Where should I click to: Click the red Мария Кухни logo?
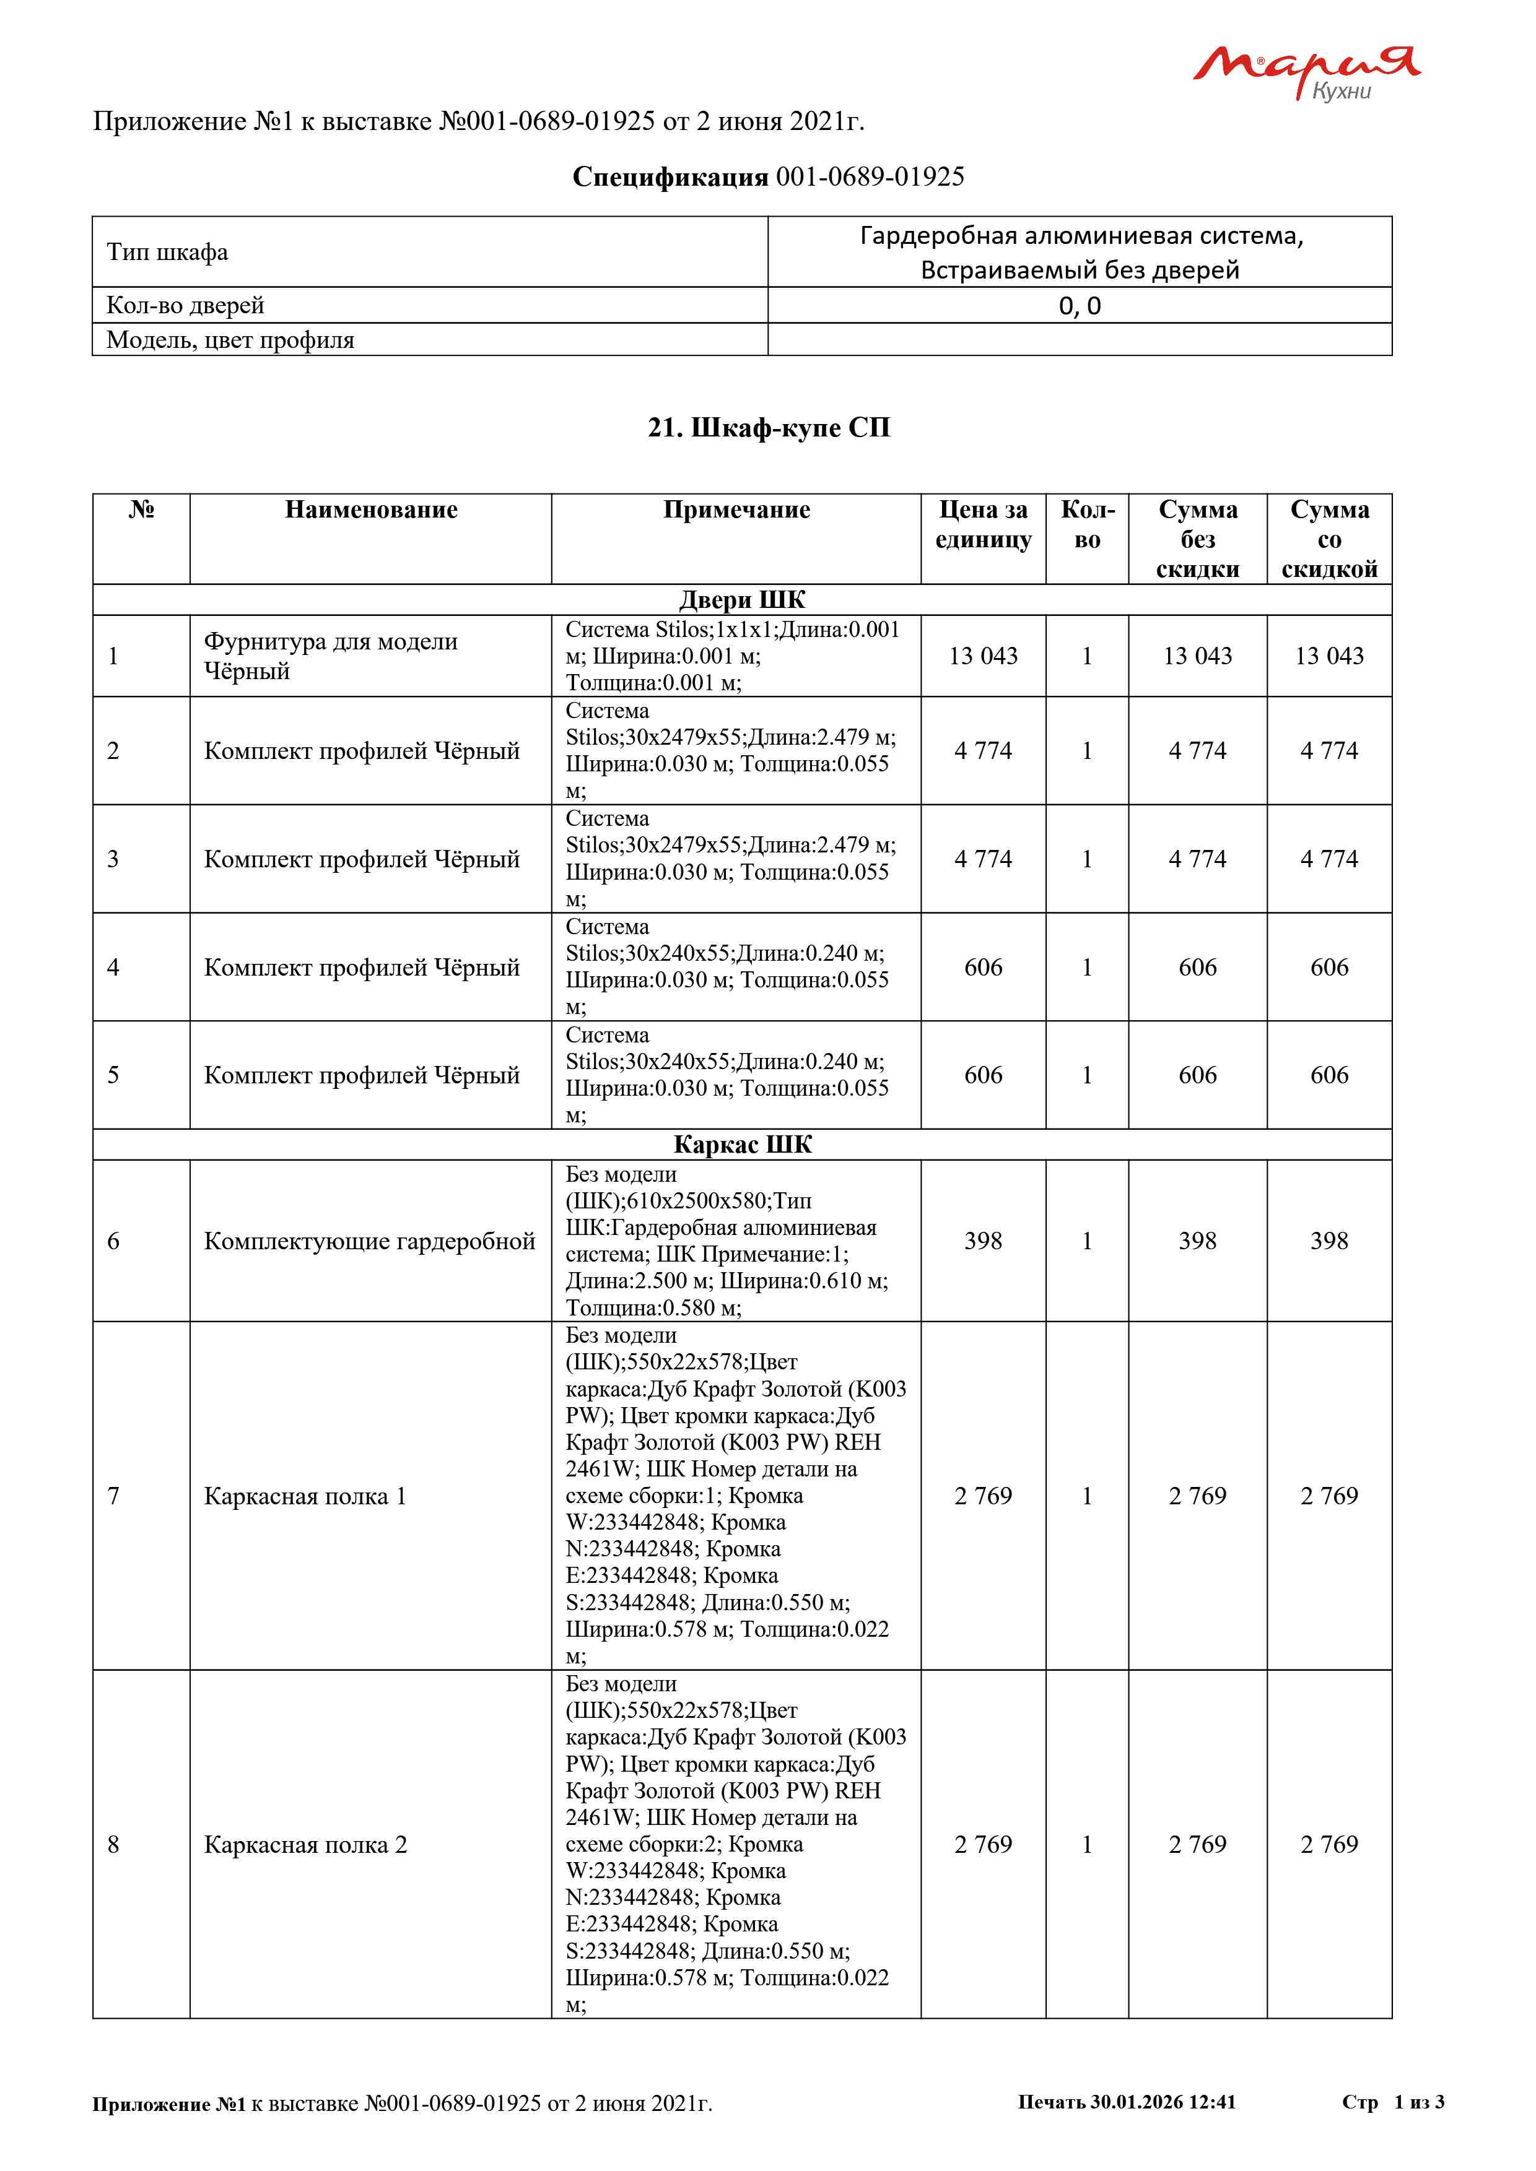pyautogui.click(x=1305, y=71)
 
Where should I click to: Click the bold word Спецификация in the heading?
pyautogui.click(x=670, y=177)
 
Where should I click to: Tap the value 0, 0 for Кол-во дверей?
pyautogui.click(x=1079, y=305)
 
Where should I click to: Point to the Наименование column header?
pyautogui.click(x=371, y=511)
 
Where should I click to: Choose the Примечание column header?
pyautogui.click(x=736, y=511)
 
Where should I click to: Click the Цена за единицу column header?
pyautogui.click(x=983, y=525)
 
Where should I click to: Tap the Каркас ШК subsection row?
pyautogui.click(x=743, y=1145)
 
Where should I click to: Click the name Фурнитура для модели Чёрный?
pyautogui.click(x=330, y=656)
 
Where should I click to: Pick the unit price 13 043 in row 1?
pyautogui.click(x=983, y=656)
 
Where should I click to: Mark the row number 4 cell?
pyautogui.click(x=113, y=968)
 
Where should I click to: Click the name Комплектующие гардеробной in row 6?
pyautogui.click(x=369, y=1241)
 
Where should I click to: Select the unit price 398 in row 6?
pyautogui.click(x=983, y=1241)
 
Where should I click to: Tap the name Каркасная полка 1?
pyautogui.click(x=305, y=1496)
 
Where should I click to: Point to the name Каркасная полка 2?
pyautogui.click(x=305, y=1844)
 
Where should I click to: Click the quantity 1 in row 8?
pyautogui.click(x=1087, y=1844)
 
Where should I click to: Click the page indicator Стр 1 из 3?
pyautogui.click(x=1392, y=2102)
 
